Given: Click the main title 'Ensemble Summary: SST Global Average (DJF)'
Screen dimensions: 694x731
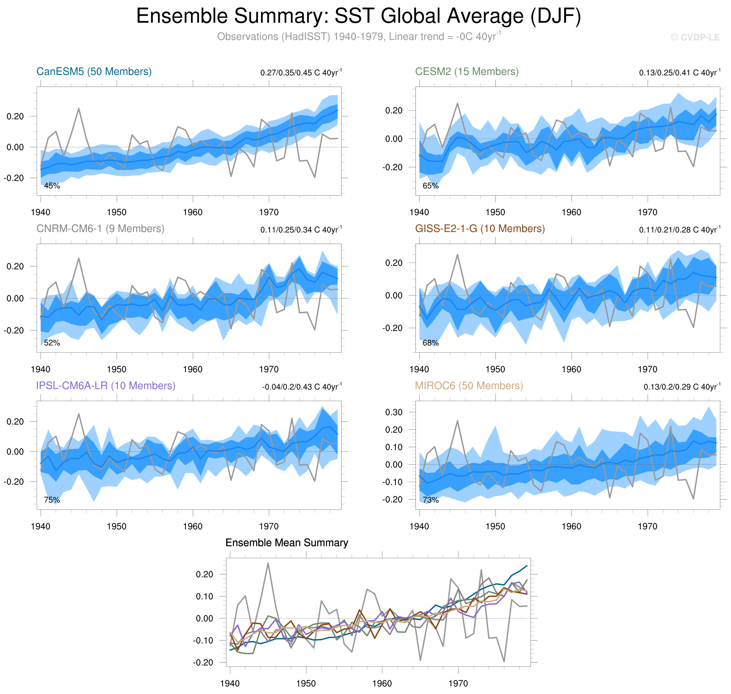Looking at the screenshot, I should [358, 16].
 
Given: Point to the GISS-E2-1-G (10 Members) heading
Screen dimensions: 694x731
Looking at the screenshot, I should [480, 229].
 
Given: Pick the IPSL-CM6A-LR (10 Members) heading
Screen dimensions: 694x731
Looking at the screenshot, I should [105, 386].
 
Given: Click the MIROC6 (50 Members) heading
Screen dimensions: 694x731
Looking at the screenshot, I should [469, 386].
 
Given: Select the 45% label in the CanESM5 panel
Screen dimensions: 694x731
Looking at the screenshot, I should [52, 186].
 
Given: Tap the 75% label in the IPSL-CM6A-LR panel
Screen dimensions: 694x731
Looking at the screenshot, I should [52, 500].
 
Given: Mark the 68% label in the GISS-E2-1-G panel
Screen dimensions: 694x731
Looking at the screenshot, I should [430, 343].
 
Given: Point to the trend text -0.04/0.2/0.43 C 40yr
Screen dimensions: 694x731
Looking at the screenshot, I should [302, 386].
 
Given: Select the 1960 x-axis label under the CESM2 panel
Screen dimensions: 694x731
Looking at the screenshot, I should [571, 212].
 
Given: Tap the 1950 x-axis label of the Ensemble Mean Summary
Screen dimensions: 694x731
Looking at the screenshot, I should [306, 683].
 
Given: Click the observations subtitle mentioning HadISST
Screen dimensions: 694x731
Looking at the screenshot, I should [358, 37].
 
